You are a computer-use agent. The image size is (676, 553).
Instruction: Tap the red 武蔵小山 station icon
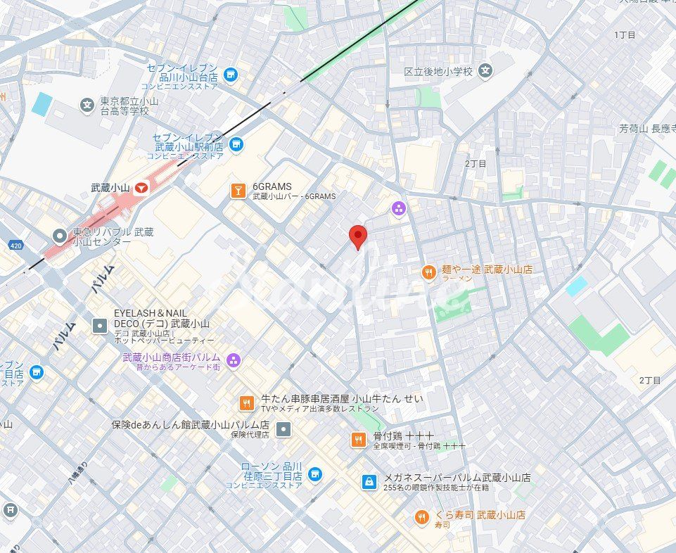(x=142, y=188)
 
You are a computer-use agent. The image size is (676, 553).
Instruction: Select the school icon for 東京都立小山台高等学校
(x=87, y=106)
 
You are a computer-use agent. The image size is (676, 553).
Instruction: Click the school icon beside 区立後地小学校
(x=485, y=70)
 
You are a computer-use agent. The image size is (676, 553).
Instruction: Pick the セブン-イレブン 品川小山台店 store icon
(x=230, y=74)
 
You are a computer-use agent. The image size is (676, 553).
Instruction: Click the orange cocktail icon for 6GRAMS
(x=238, y=190)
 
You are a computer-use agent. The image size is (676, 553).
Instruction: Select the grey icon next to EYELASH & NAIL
(x=100, y=325)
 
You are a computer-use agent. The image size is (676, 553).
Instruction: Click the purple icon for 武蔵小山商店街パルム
(x=234, y=361)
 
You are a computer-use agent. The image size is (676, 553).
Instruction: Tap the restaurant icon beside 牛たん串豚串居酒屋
(x=245, y=402)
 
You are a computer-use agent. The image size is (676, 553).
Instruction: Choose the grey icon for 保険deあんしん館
(x=283, y=428)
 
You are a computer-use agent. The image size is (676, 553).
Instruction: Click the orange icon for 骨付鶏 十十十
(x=359, y=440)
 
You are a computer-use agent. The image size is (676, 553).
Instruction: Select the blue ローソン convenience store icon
(x=315, y=475)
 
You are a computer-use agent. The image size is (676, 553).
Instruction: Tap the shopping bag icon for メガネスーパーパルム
(x=369, y=481)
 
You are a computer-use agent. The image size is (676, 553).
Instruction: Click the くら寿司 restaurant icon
(x=421, y=518)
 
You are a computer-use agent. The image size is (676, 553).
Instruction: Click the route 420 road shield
(x=15, y=245)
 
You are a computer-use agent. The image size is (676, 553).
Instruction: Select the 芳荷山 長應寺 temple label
(x=647, y=129)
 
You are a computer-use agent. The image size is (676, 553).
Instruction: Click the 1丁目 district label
(x=624, y=34)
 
